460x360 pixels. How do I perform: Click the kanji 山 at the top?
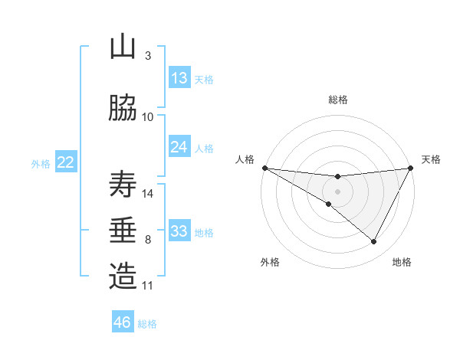[x=123, y=47]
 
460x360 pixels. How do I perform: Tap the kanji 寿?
[x=123, y=185]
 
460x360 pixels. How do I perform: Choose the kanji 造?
[x=123, y=277]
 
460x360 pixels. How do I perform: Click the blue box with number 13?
[x=179, y=78]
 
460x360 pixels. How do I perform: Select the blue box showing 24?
[x=179, y=147]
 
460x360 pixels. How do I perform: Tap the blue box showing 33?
[x=179, y=231]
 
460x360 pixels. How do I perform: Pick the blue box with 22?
[x=65, y=162]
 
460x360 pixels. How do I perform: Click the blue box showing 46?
[x=123, y=322]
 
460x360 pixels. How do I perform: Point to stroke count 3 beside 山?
[x=148, y=56]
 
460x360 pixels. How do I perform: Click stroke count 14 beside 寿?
[x=149, y=193]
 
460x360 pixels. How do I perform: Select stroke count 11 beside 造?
[x=148, y=286]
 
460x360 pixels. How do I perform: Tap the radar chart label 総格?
[x=338, y=100]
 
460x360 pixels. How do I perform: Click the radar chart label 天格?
[x=431, y=159]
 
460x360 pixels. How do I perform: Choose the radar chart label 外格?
[x=270, y=262]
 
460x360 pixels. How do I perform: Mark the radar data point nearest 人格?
[x=264, y=168]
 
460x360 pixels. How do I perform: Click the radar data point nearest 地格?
[x=374, y=242]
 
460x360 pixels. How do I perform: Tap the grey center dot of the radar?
[x=337, y=191]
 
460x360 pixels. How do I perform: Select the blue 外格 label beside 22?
[x=41, y=163]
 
